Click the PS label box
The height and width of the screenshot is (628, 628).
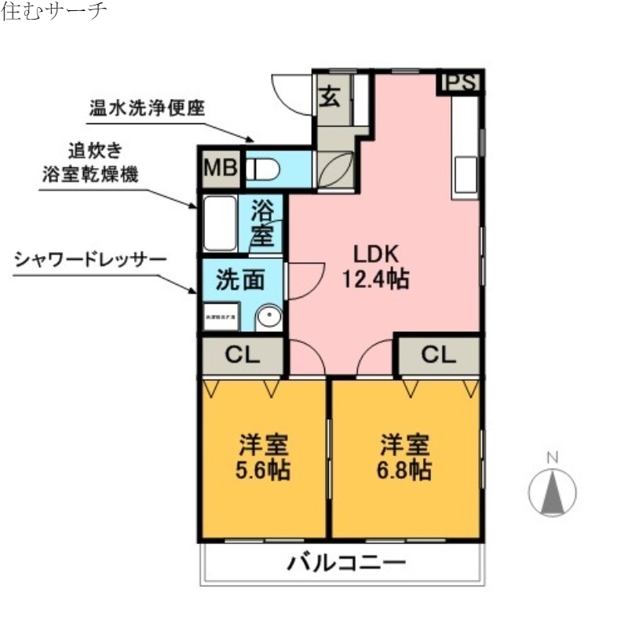[462, 82]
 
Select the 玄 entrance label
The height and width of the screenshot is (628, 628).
[330, 99]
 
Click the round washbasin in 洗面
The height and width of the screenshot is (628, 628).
[270, 317]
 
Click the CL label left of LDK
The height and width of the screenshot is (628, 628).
[242, 355]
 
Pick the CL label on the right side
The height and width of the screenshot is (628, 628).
[438, 355]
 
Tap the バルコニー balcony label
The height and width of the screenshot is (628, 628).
[345, 562]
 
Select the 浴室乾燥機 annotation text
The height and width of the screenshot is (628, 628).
[90, 174]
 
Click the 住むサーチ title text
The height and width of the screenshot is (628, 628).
[53, 12]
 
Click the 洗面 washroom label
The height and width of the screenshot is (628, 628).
[239, 280]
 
